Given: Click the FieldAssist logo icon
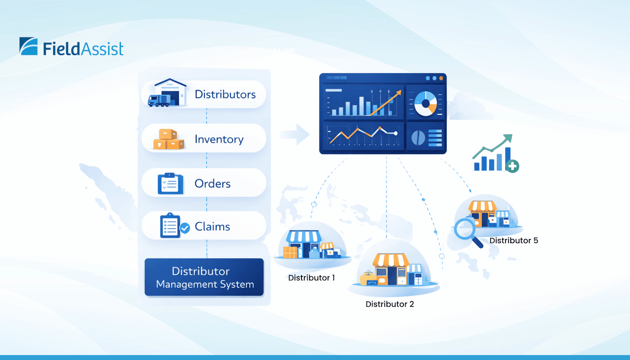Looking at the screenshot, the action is click(x=29, y=46).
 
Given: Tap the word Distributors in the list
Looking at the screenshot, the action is click(x=225, y=95).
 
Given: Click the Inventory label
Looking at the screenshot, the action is click(x=219, y=139).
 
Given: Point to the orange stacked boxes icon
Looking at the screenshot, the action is click(x=169, y=139).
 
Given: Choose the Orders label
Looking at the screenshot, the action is click(x=212, y=184).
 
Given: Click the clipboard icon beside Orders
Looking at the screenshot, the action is click(x=170, y=184).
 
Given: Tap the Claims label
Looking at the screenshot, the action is click(x=212, y=227).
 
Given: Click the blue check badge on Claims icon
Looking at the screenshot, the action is click(x=185, y=228).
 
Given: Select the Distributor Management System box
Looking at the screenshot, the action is click(x=204, y=277).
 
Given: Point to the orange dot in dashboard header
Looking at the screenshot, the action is click(x=441, y=78).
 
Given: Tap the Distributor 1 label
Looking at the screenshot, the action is click(x=311, y=278).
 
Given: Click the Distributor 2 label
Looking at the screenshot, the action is click(x=389, y=304).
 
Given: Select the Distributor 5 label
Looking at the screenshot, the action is click(x=513, y=241).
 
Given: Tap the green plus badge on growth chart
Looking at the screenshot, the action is click(x=512, y=167).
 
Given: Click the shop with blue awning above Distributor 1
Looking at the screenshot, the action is click(x=303, y=244).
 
